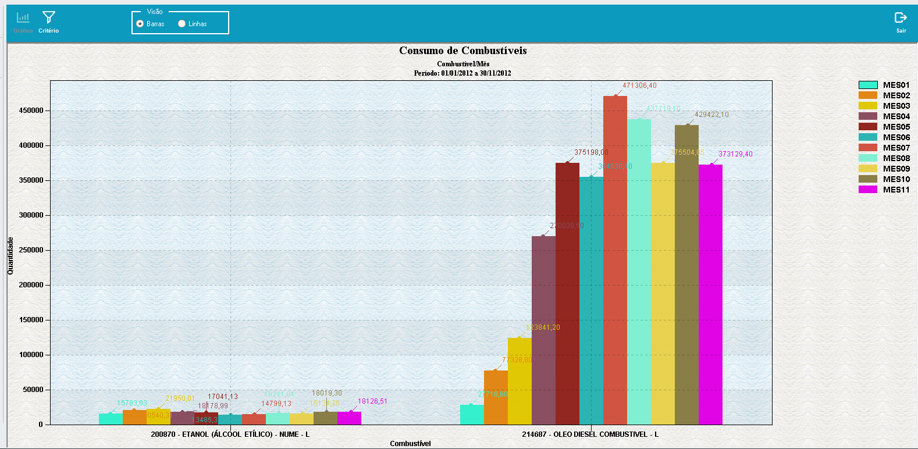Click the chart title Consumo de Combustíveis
462,51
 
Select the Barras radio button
140,24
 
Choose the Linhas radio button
182,24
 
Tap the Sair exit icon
901,18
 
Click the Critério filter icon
49,18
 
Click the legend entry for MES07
884,148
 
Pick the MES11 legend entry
884,190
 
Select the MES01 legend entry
884,85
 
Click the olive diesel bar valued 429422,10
686,273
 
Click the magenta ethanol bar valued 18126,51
349,418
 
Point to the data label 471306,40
639,85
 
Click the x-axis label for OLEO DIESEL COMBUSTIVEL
590,434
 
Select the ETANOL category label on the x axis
230,434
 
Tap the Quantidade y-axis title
10,256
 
